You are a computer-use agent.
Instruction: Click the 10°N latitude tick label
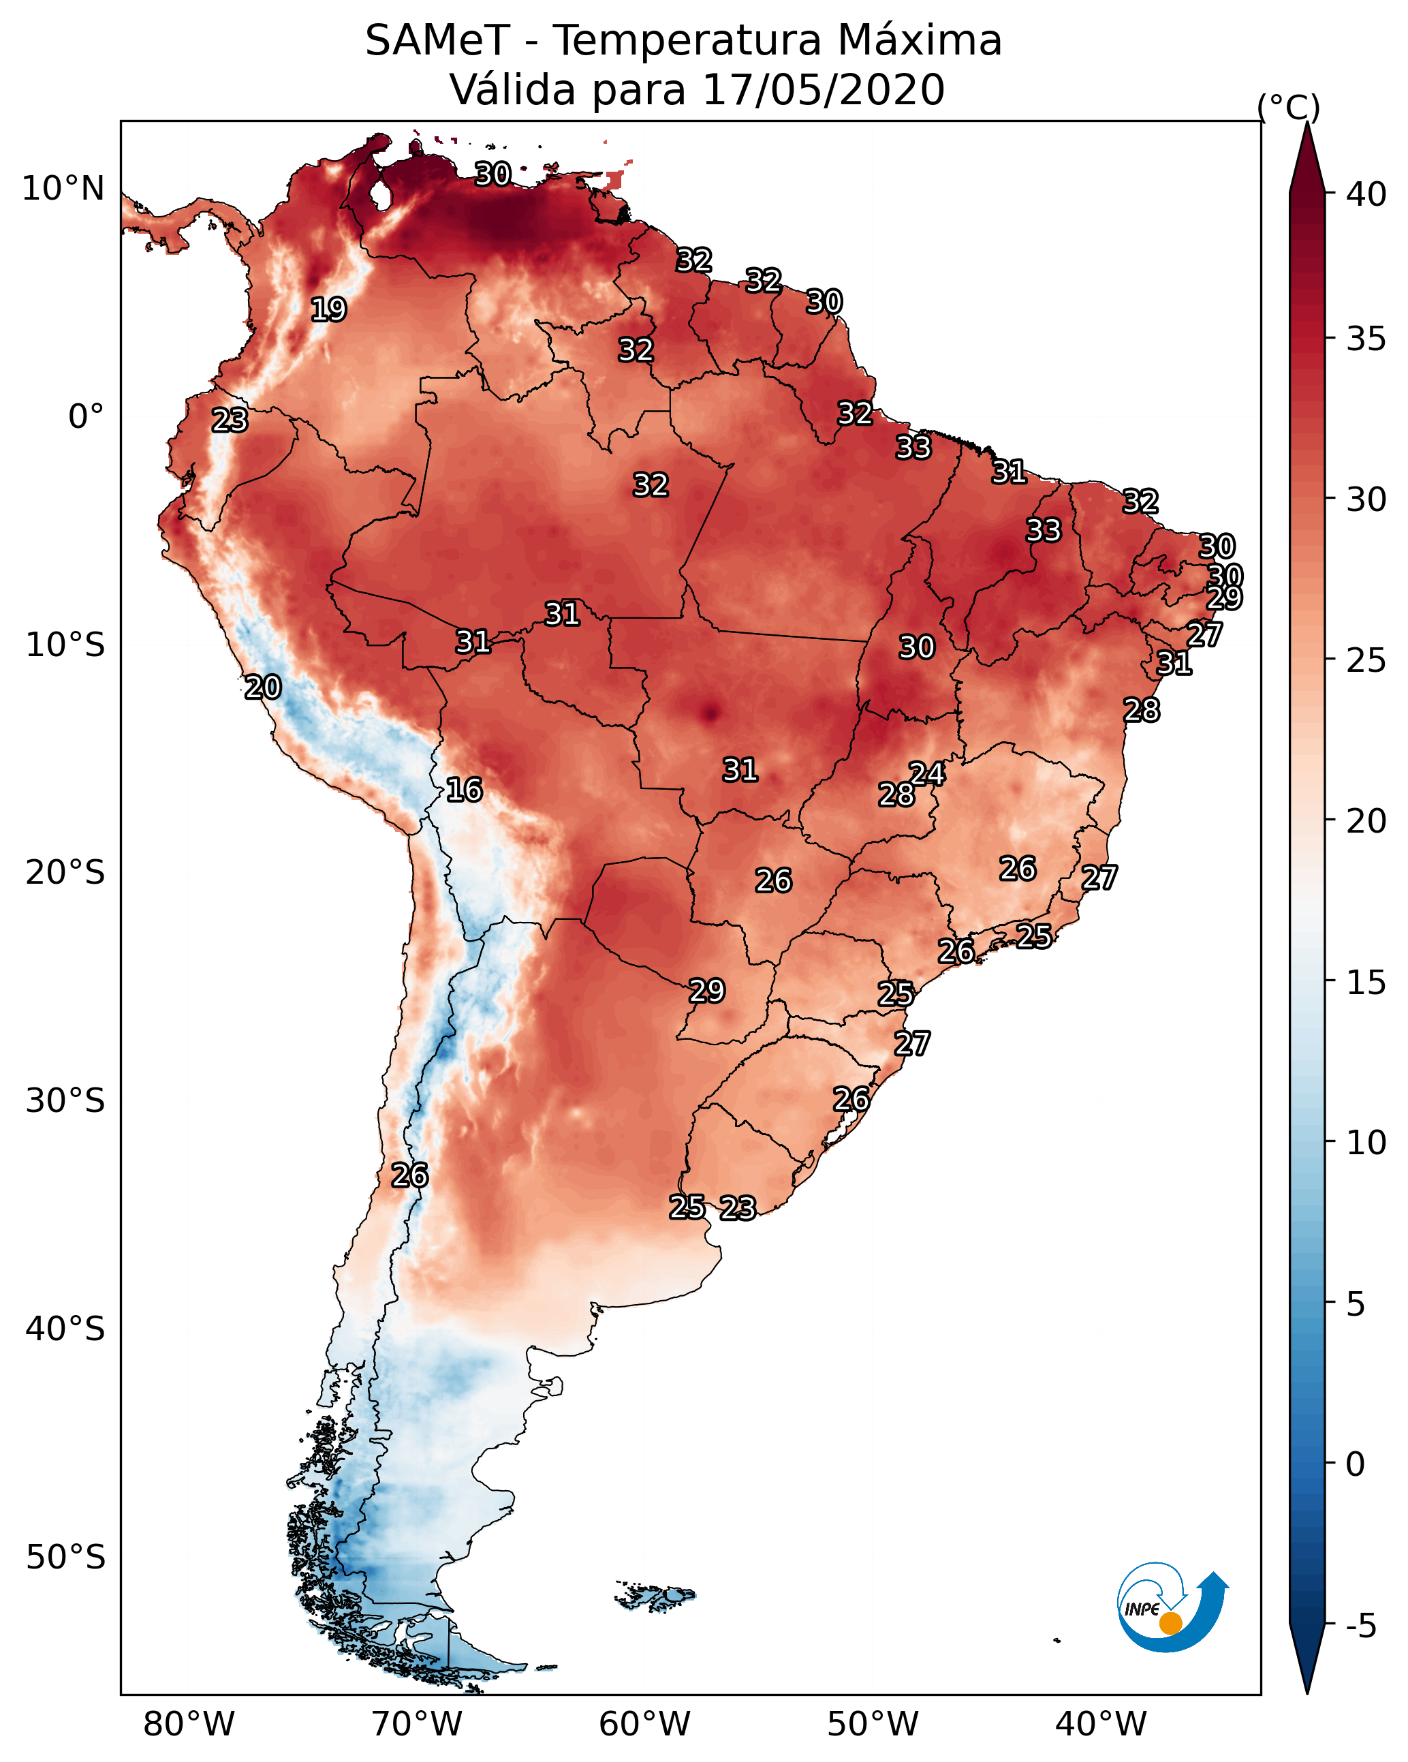point(63,189)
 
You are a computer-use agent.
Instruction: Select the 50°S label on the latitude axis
point(65,1558)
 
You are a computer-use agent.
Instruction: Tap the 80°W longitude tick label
point(189,1725)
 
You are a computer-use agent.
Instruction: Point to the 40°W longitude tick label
point(1101,1725)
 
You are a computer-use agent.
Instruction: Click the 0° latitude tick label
point(86,417)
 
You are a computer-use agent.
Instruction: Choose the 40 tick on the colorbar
point(1366,194)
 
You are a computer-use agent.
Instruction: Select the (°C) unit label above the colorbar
point(1289,107)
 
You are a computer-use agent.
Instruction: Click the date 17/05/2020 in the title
point(823,90)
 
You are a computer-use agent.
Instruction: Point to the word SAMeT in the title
point(437,41)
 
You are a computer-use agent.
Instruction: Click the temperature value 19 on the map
point(328,310)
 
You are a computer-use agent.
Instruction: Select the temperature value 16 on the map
point(464,790)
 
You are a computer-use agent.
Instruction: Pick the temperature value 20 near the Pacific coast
point(263,687)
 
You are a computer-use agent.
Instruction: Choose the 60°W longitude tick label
point(645,1725)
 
